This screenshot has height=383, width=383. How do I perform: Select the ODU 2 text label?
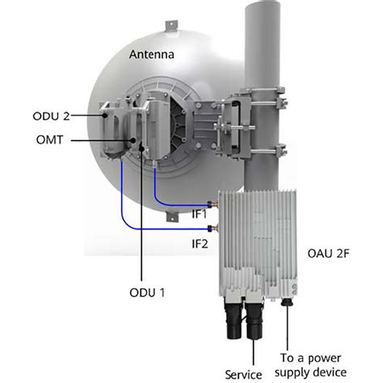pos(57,116)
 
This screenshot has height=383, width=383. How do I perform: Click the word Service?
pos(243,374)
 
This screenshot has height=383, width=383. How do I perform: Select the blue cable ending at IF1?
pos(174,204)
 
